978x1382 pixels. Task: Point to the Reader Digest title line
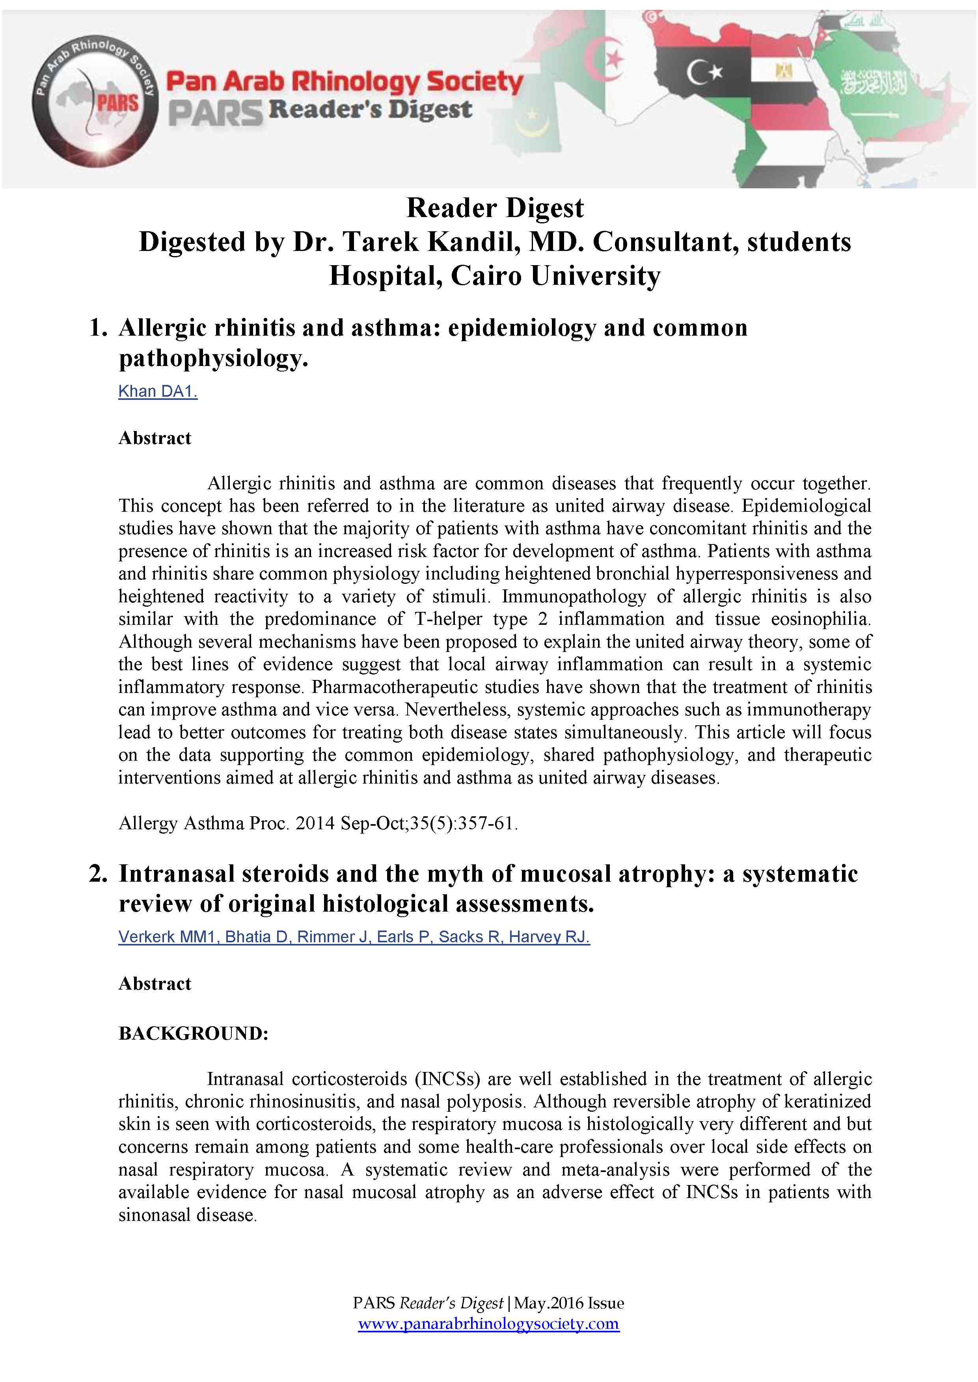495,208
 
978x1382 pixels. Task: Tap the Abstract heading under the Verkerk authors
155,984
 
